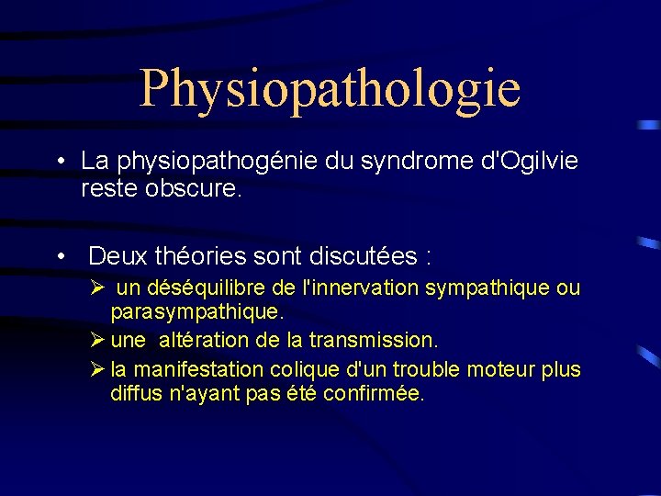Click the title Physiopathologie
point(330,87)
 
